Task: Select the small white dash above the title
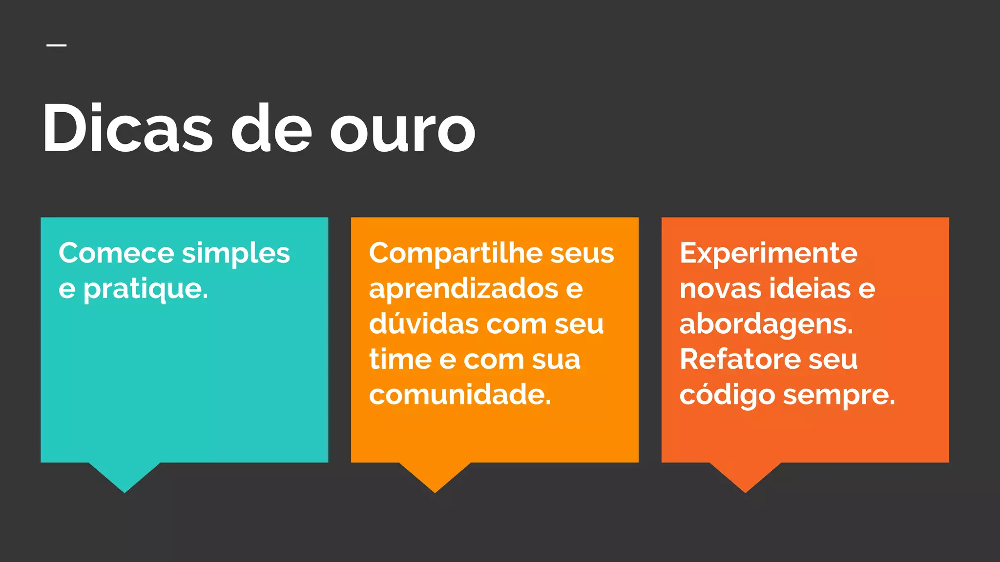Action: click(57, 45)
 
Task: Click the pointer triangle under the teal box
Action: click(125, 475)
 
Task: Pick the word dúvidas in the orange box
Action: click(423, 324)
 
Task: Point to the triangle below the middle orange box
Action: click(435, 475)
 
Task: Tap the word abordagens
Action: click(766, 325)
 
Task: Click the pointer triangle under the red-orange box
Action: click(745, 475)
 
